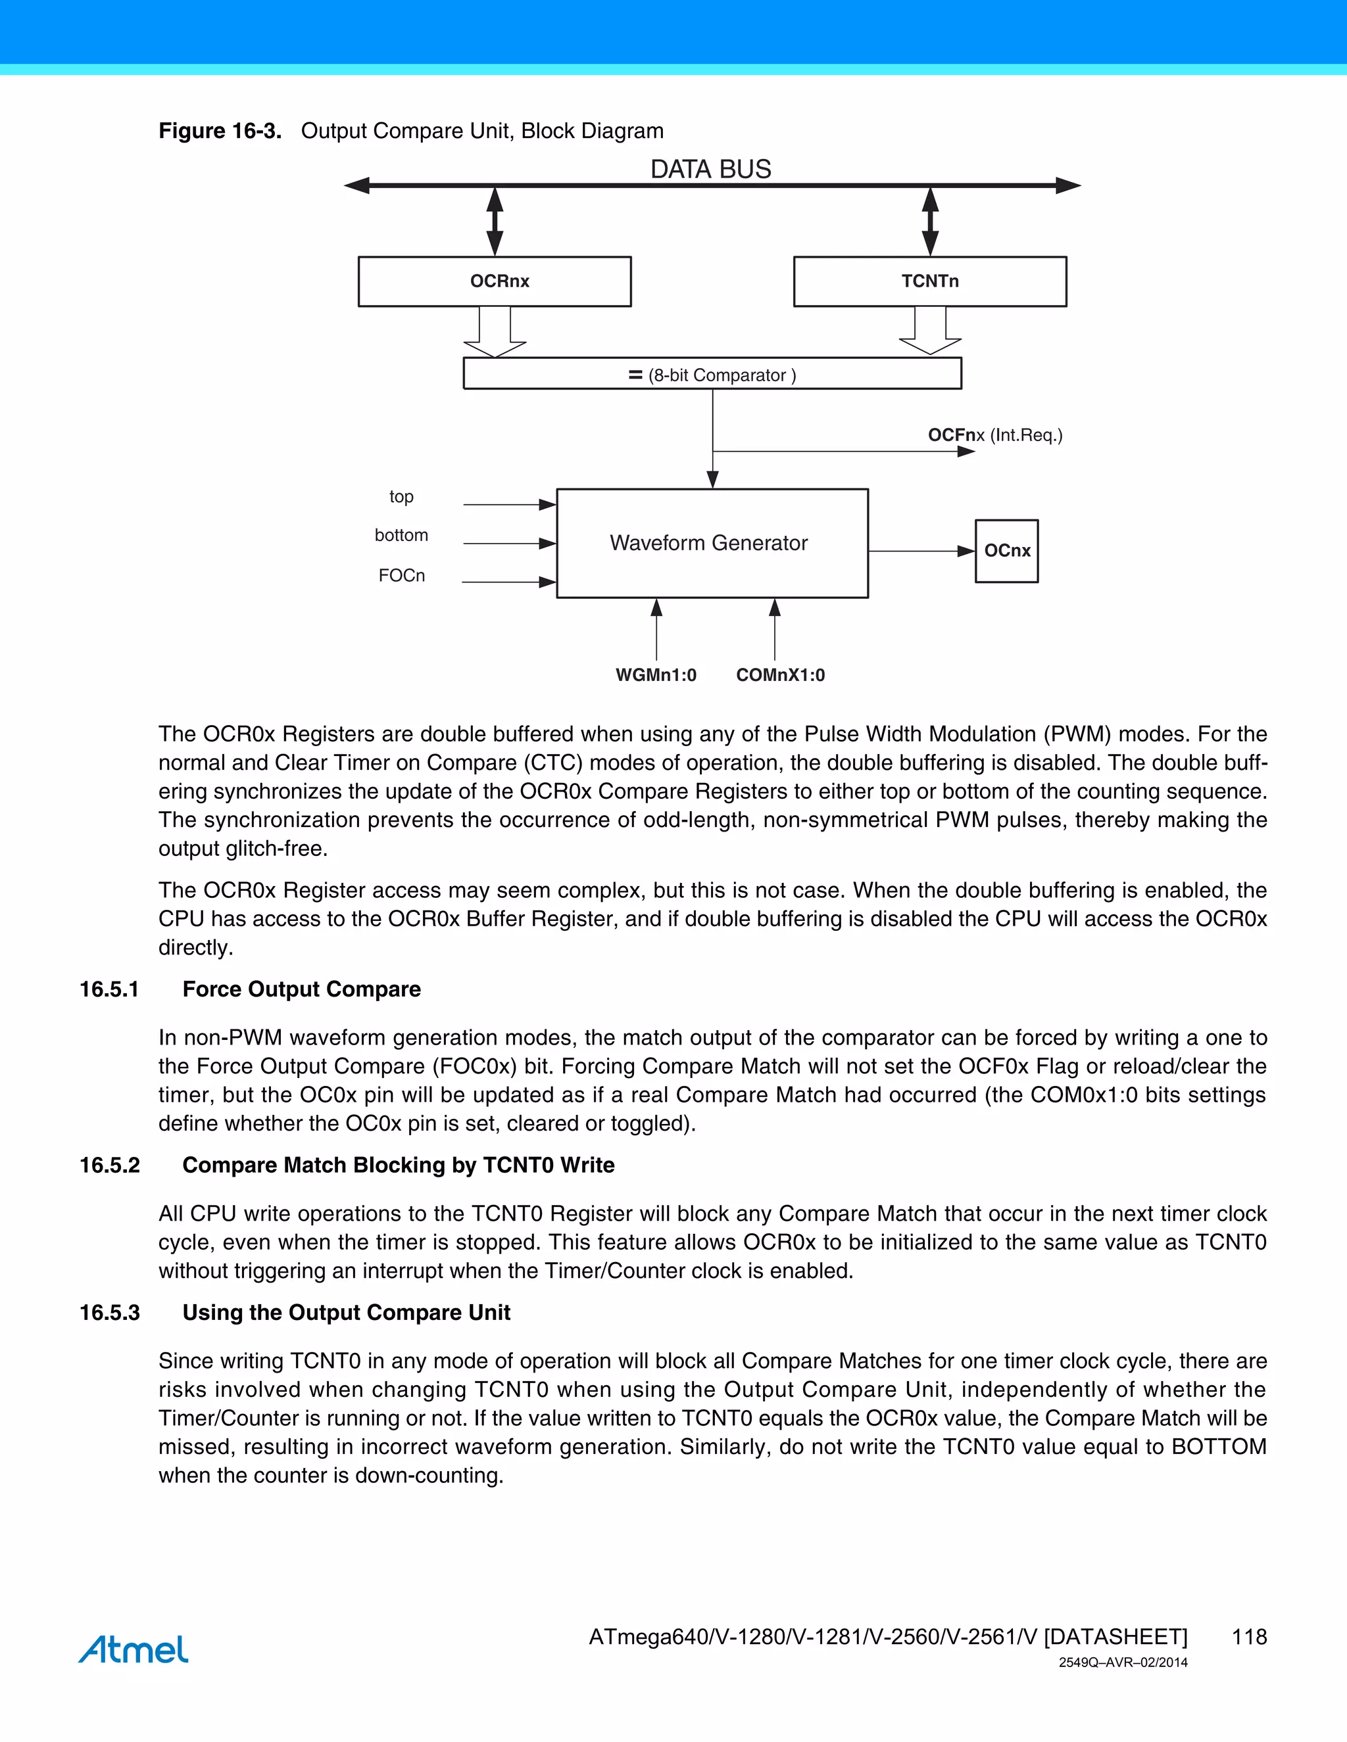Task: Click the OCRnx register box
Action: click(x=494, y=281)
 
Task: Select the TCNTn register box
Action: click(x=929, y=281)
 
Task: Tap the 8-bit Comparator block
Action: click(x=712, y=374)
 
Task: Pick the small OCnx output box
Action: click(x=1006, y=551)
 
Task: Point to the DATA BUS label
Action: click(x=710, y=169)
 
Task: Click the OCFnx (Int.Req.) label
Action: click(x=994, y=435)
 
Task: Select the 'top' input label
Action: click(x=401, y=497)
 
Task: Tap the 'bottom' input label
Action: click(x=401, y=535)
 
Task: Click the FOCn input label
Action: click(x=401, y=576)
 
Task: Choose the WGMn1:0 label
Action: click(x=656, y=675)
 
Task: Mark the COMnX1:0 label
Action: click(x=781, y=675)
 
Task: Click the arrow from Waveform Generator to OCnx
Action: click(x=921, y=551)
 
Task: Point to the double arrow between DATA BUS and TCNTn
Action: click(x=929, y=221)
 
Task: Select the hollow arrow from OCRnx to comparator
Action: click(x=495, y=332)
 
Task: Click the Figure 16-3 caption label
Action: click(x=220, y=131)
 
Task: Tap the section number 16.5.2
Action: click(x=109, y=1165)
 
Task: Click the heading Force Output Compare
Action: click(x=302, y=989)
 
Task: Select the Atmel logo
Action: click(x=134, y=1649)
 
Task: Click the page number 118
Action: click(x=1249, y=1637)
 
